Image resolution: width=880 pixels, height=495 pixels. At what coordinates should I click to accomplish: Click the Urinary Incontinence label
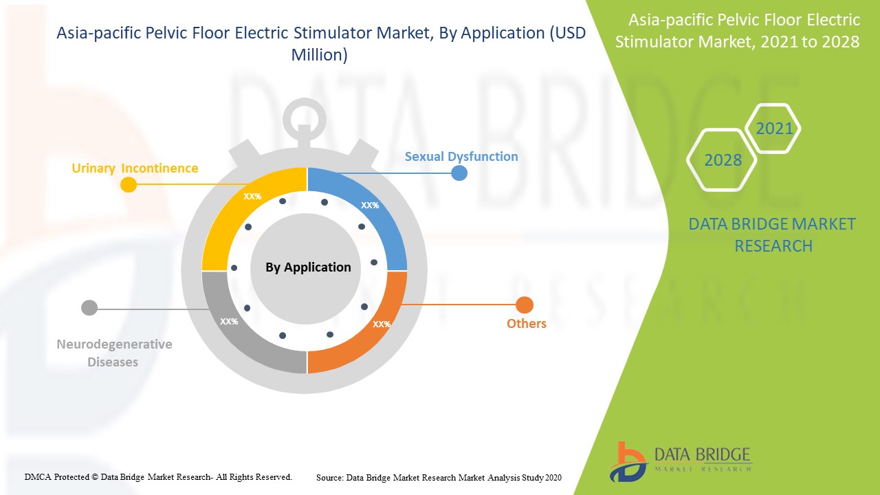135,168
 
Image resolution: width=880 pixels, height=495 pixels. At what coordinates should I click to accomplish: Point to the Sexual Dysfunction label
461,156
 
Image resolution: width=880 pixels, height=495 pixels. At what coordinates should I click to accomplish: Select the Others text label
527,323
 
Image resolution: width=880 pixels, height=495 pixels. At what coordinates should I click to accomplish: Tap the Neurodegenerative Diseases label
114,353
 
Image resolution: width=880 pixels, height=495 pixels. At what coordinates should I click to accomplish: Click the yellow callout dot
128,184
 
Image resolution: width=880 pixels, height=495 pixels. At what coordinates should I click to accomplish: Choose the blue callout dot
459,173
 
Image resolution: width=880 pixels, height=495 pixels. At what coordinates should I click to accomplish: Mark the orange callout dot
525,305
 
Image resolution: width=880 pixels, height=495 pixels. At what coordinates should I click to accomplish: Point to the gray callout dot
89,307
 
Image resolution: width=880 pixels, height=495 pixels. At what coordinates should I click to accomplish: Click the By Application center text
308,267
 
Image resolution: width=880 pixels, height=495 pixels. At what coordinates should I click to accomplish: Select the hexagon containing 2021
773,129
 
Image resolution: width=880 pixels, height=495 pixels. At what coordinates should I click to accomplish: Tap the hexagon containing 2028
723,160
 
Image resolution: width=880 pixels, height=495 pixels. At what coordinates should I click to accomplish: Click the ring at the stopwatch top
302,117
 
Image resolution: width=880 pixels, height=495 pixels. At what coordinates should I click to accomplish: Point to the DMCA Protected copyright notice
158,476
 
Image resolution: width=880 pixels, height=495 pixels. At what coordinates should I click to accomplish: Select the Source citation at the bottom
439,477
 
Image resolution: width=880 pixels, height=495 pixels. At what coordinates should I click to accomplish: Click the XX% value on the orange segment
382,324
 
